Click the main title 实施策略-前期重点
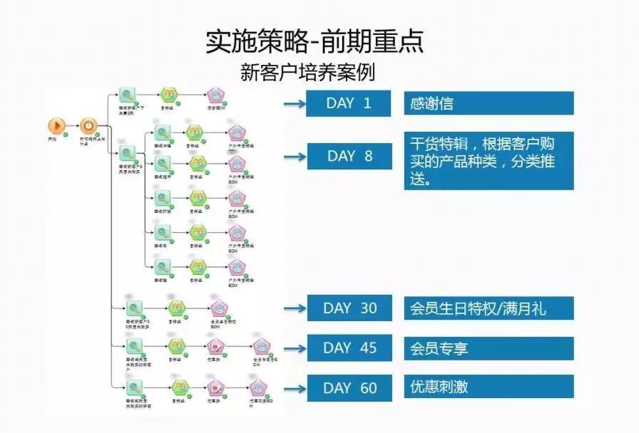[315, 42]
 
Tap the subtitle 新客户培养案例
[308, 73]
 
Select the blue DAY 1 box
[349, 103]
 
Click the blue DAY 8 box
[349, 156]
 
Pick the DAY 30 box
[349, 308]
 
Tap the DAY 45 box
[349, 348]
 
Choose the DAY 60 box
[349, 388]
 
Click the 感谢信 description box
[489, 103]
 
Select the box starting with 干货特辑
[489, 160]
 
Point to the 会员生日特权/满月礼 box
[489, 308]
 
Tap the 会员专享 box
[489, 348]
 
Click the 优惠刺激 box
[489, 387]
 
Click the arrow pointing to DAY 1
[293, 104]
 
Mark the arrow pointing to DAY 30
[293, 308]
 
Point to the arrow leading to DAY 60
[293, 389]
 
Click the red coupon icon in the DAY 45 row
[214, 346]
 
